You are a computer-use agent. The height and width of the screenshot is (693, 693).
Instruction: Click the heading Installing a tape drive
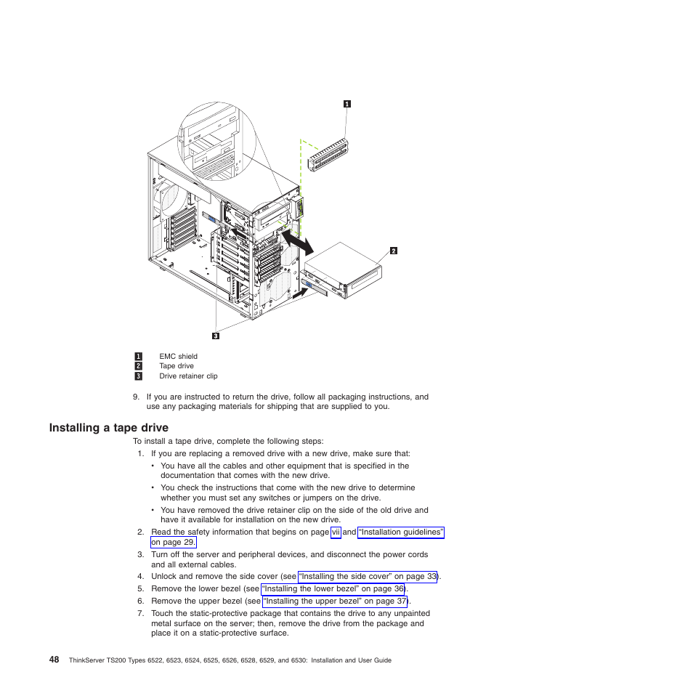tap(109, 428)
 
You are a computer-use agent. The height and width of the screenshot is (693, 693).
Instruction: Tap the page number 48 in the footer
tap(54, 660)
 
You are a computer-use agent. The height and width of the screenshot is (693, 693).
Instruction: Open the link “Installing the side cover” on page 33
tap(368, 577)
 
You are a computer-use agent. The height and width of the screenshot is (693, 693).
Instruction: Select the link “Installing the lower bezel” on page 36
tap(333, 589)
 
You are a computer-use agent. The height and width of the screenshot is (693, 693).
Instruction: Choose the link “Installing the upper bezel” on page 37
tap(335, 601)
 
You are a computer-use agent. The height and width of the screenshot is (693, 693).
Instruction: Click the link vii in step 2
tap(336, 532)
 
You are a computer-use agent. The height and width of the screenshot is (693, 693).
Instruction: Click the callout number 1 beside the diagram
tap(347, 104)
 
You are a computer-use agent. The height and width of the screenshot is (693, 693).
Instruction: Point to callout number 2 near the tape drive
tap(393, 251)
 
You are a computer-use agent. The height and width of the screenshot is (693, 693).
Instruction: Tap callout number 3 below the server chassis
tap(216, 336)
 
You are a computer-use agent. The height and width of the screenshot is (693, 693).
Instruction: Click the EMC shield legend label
tap(178, 357)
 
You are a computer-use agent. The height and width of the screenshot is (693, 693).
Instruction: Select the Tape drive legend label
tap(177, 366)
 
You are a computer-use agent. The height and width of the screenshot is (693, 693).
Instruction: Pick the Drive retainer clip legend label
tap(188, 376)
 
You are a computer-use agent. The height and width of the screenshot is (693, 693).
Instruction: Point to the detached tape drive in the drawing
tap(346, 272)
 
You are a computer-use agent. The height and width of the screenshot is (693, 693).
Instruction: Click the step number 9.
tap(136, 397)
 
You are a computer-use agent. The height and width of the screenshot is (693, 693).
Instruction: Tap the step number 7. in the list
tap(140, 614)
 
